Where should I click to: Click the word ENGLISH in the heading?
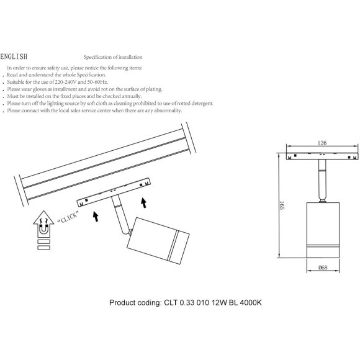pyautogui.click(x=14, y=56)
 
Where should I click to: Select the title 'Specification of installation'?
pyautogui.click(x=113, y=57)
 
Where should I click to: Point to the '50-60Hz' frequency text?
pyautogui.click(x=97, y=82)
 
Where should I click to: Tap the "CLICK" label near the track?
pyautogui.click(x=68, y=217)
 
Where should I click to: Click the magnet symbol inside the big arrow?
pyautogui.click(x=43, y=230)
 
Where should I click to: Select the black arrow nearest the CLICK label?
pyautogui.click(x=96, y=217)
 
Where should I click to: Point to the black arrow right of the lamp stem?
pyautogui.click(x=144, y=203)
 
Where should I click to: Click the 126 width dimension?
pyautogui.click(x=322, y=143)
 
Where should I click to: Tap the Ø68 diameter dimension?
pyautogui.click(x=323, y=268)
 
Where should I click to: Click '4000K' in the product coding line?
pyautogui.click(x=251, y=303)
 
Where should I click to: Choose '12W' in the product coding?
pyautogui.click(x=219, y=303)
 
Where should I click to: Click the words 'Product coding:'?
pyautogui.click(x=135, y=303)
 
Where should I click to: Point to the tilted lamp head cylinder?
pyautogui.click(x=158, y=240)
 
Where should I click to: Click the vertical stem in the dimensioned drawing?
pyautogui.click(x=322, y=181)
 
